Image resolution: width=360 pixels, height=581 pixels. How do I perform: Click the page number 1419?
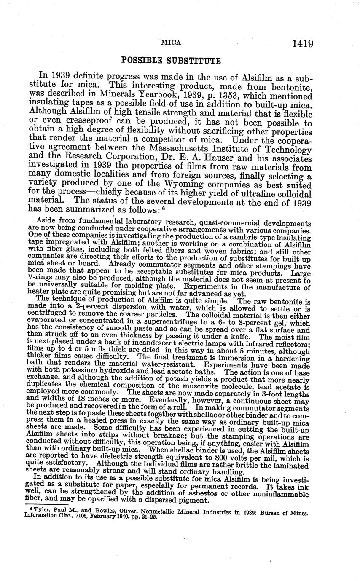pos(301,43)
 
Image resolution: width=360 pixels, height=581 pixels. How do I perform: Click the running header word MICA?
pos(171,43)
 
